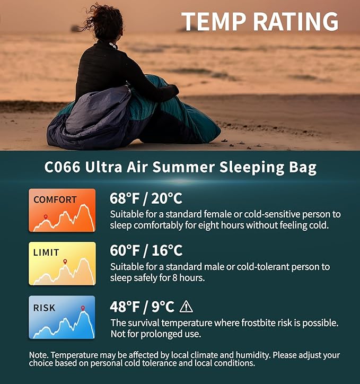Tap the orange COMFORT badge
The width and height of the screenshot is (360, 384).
[62, 210]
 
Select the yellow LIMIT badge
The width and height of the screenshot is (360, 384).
[62, 264]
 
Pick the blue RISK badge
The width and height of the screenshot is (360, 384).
[62, 317]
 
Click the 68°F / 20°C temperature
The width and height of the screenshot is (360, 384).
[146, 198]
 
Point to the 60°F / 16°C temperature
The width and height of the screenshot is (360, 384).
[146, 250]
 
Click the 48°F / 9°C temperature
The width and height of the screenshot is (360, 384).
[142, 307]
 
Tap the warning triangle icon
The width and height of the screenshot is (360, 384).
[186, 306]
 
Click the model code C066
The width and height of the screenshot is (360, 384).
[62, 168]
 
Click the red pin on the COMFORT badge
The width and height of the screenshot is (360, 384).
[46, 217]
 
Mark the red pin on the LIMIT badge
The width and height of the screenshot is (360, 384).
[65, 261]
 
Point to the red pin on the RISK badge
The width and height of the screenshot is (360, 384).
[83, 308]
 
